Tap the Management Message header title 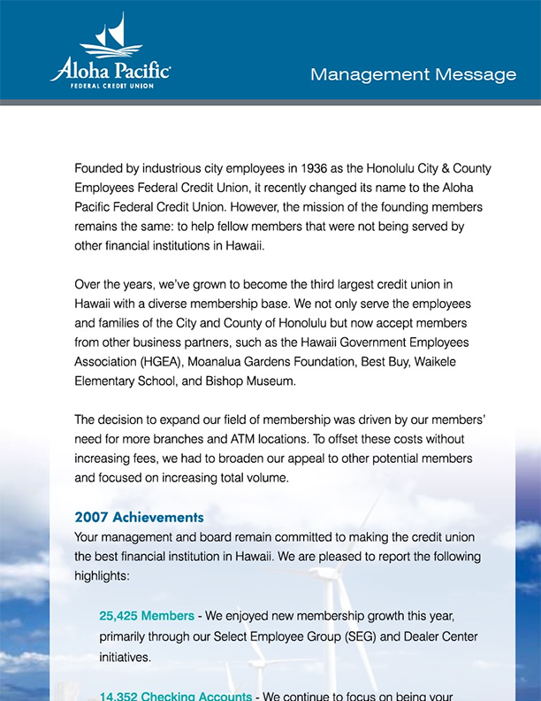[x=413, y=74]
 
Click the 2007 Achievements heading [x=139, y=517]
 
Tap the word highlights [x=102, y=575]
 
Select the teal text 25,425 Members [x=147, y=615]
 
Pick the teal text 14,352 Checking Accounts [x=175, y=696]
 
